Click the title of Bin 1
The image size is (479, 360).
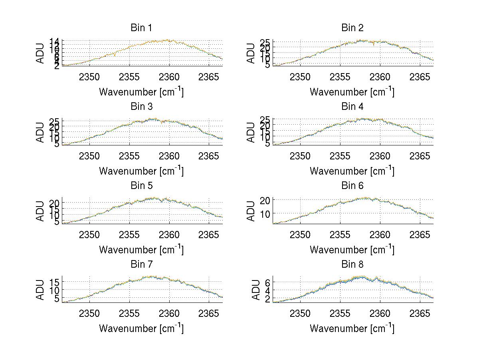(141, 28)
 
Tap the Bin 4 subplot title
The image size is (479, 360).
(352, 107)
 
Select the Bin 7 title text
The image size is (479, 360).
(141, 265)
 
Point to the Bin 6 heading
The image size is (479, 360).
(352, 186)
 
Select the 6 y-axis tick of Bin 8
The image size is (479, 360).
(268, 282)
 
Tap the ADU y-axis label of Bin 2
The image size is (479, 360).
(251, 53)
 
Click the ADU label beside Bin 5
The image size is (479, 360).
(40, 211)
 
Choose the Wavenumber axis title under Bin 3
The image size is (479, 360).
(141, 171)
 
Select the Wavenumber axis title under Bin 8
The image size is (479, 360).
(352, 328)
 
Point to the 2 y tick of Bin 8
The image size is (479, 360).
(268, 298)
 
